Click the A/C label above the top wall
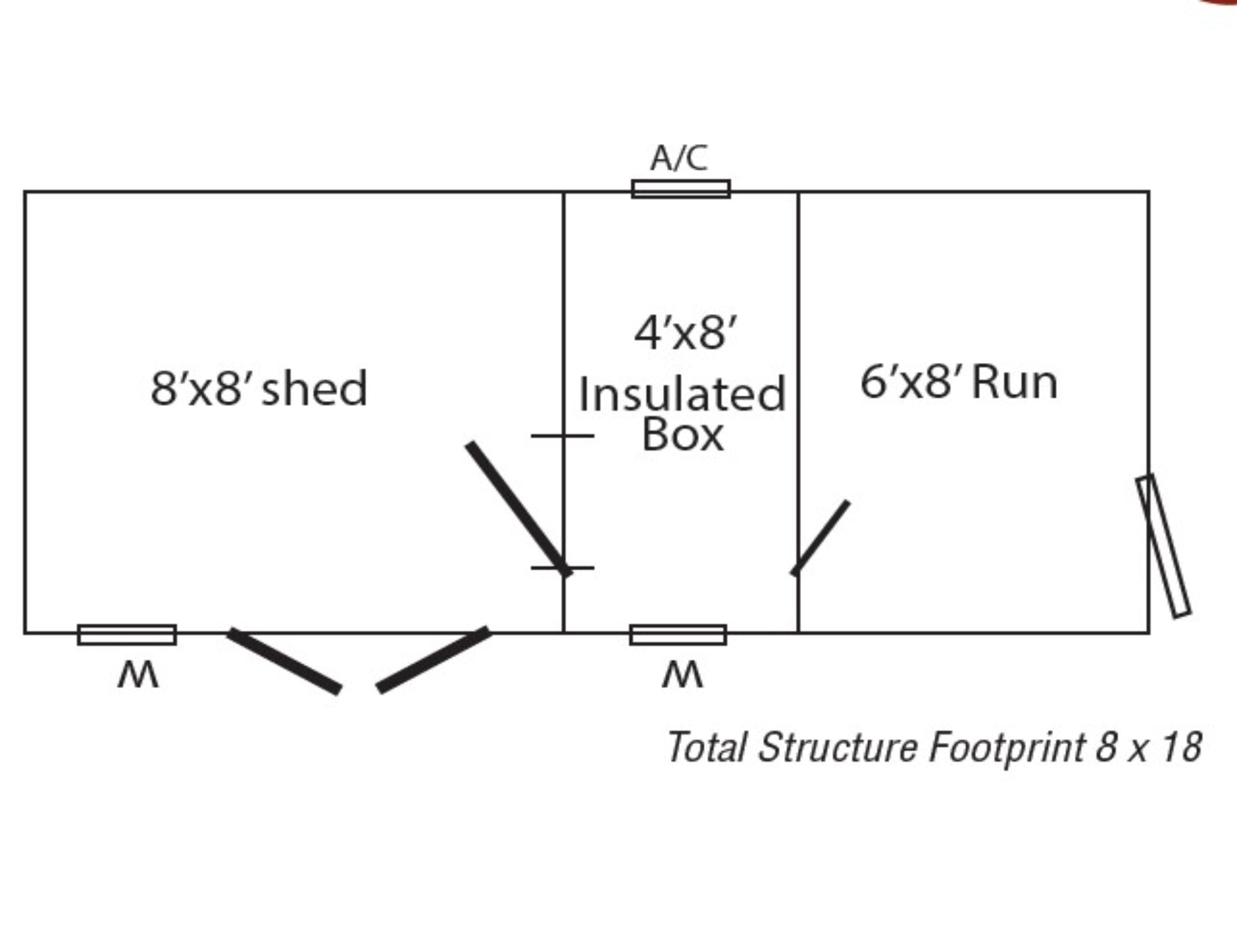coord(679,158)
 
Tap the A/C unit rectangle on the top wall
coord(681,189)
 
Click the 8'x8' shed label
coord(259,388)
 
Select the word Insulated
coord(682,394)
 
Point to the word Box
coord(683,434)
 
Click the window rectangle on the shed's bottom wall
coord(127,635)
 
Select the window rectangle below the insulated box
coord(678,635)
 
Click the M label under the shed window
coord(138,675)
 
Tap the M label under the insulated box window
coord(682,675)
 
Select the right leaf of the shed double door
coord(434,659)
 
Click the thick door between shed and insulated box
coord(519,509)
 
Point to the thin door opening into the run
coord(820,538)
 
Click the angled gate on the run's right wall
coord(1163,546)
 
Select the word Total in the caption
coord(707,747)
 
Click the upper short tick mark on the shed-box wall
coord(562,436)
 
